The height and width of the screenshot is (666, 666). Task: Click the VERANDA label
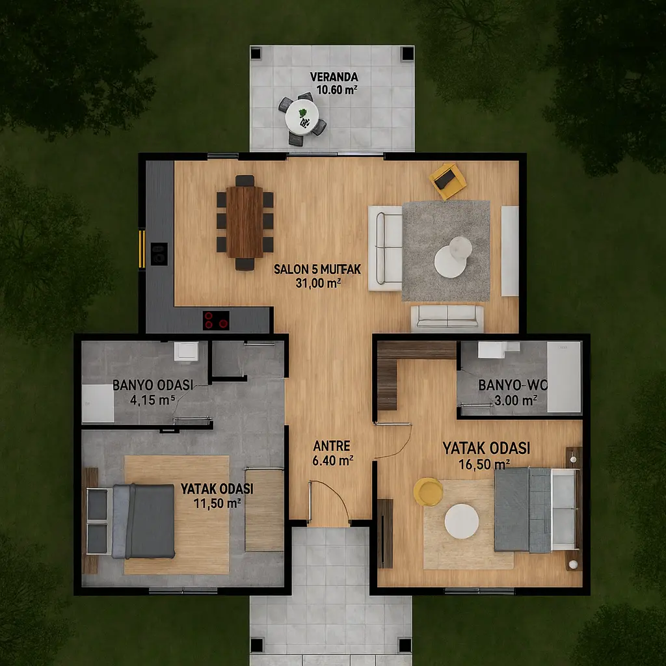pyautogui.click(x=334, y=77)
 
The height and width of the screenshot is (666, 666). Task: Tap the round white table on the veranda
pyautogui.click(x=302, y=117)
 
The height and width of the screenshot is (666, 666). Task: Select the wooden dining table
pyautogui.click(x=245, y=222)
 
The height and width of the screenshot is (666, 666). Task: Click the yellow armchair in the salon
pyautogui.click(x=447, y=181)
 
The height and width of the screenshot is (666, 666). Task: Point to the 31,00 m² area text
pyautogui.click(x=318, y=283)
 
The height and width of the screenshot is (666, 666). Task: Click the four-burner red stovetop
pyautogui.click(x=216, y=320)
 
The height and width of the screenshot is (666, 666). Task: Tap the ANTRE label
pyautogui.click(x=332, y=446)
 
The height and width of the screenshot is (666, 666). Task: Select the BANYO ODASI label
pyautogui.click(x=153, y=385)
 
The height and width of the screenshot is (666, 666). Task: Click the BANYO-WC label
pyautogui.click(x=513, y=385)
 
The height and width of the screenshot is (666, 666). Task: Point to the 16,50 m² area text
pyautogui.click(x=484, y=464)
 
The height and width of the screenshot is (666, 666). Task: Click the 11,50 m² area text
pyautogui.click(x=217, y=503)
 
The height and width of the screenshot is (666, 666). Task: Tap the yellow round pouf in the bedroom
pyautogui.click(x=428, y=492)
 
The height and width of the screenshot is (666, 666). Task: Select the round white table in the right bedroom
pyautogui.click(x=462, y=521)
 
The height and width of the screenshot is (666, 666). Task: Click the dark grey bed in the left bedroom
pyautogui.click(x=144, y=521)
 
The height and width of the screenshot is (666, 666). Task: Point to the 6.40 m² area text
pyautogui.click(x=333, y=460)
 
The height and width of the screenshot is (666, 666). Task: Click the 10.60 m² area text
pyautogui.click(x=337, y=90)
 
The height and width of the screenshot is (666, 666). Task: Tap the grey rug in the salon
pyautogui.click(x=446, y=250)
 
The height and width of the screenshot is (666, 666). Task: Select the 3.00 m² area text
pyautogui.click(x=516, y=400)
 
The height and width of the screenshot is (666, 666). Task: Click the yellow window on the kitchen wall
pyautogui.click(x=142, y=249)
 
